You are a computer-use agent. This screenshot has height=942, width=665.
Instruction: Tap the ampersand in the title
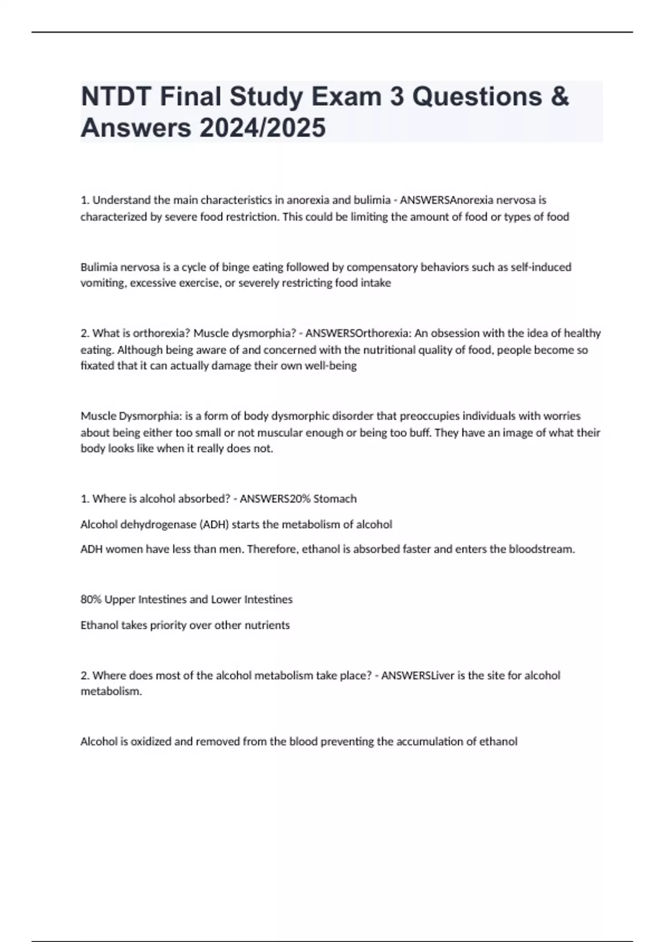tap(561, 96)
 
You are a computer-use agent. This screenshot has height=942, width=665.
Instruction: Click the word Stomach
tap(335, 499)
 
